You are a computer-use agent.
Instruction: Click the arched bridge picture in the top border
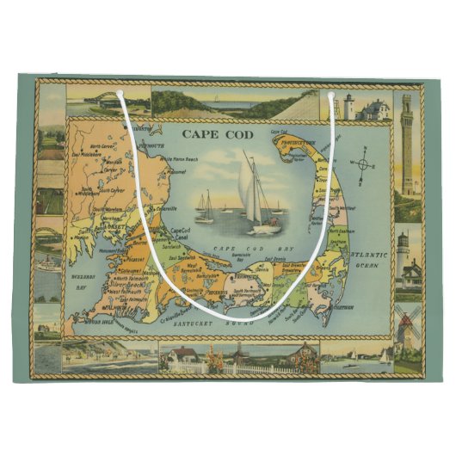pos(108,101)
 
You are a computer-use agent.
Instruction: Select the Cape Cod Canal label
pos(179,234)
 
